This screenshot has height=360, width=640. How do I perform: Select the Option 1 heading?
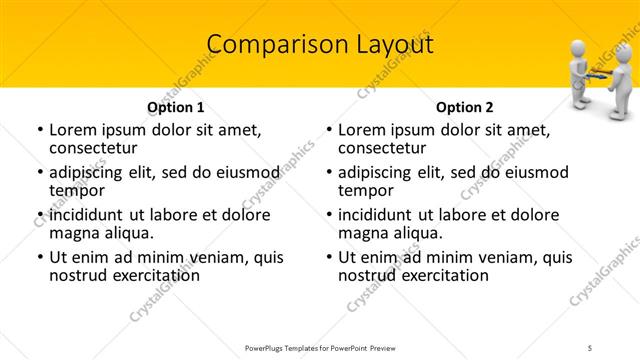(176, 107)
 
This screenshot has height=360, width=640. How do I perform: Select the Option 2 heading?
(465, 107)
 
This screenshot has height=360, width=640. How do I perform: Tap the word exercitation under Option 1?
(154, 275)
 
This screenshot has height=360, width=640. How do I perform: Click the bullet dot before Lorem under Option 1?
(39, 130)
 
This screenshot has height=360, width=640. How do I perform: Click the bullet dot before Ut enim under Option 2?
(329, 258)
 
